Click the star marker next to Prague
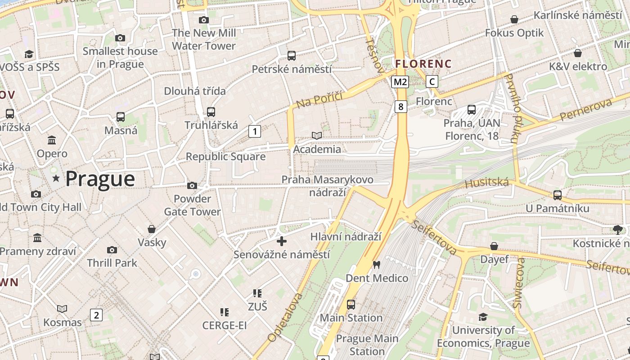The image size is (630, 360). tap(56, 179)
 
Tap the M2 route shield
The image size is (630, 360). tap(400, 81)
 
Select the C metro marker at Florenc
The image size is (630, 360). tap(432, 81)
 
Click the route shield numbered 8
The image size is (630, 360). tap(400, 107)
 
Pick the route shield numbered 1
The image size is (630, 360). tap(255, 131)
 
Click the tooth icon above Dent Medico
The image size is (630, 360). tap(377, 265)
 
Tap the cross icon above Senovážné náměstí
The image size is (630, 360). tap(282, 242)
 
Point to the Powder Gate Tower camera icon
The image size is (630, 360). tap(192, 185)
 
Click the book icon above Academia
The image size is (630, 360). tap(317, 135)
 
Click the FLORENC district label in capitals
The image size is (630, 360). tap(423, 64)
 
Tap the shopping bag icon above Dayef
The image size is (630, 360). tap(494, 246)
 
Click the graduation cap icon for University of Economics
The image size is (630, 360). tap(483, 317)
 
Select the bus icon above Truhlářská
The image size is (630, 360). tap(211, 112)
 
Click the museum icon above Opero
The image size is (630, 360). tap(52, 140)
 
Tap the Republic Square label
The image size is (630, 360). tap(225, 157)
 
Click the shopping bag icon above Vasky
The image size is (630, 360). tap(152, 229)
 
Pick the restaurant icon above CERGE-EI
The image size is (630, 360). tap(224, 312)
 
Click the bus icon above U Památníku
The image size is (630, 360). tap(557, 195)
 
